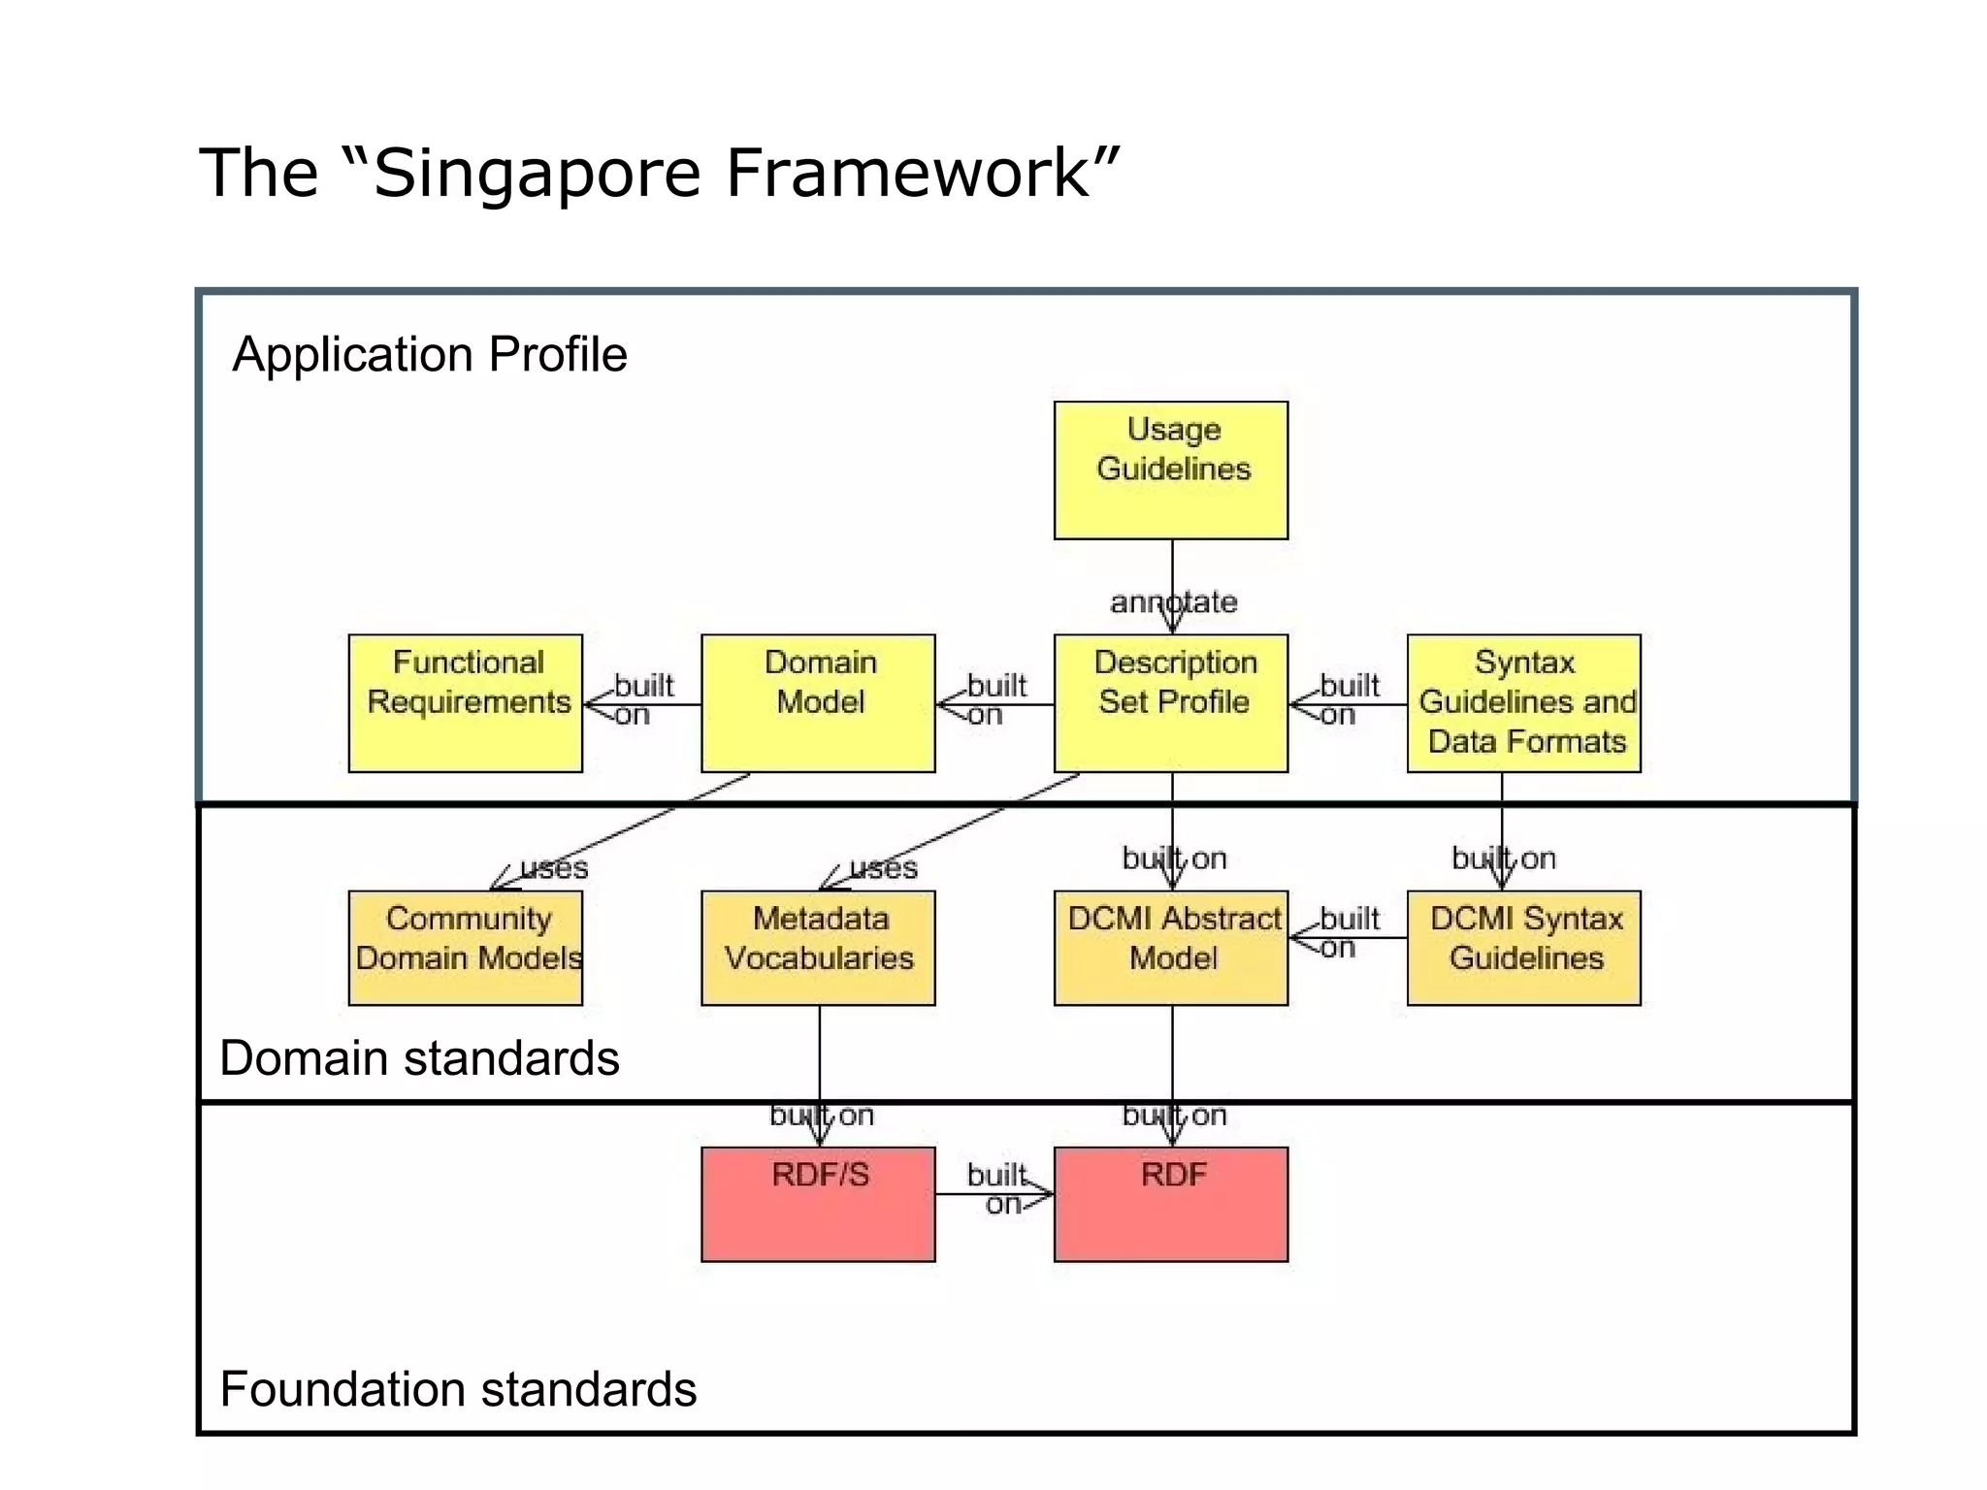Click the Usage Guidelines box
pos(1171,470)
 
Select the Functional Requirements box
pos(466,703)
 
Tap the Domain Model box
pos(818,703)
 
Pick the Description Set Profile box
pos(1171,703)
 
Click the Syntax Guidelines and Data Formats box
pos(1523,703)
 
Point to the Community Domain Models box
pos(466,948)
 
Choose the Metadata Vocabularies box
pos(818,948)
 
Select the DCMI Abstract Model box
pos(1171,948)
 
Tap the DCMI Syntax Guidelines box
pos(1523,948)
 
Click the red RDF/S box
pos(818,1204)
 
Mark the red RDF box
pos(1171,1204)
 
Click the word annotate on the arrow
pos(1173,601)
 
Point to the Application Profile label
pos(430,354)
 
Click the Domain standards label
pos(419,1057)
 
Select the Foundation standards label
pos(458,1389)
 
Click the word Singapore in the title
pos(537,173)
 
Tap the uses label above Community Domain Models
pos(554,867)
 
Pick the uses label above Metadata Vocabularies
pos(883,867)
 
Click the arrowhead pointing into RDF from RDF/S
pos(1043,1194)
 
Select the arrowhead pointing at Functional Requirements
pos(595,705)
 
